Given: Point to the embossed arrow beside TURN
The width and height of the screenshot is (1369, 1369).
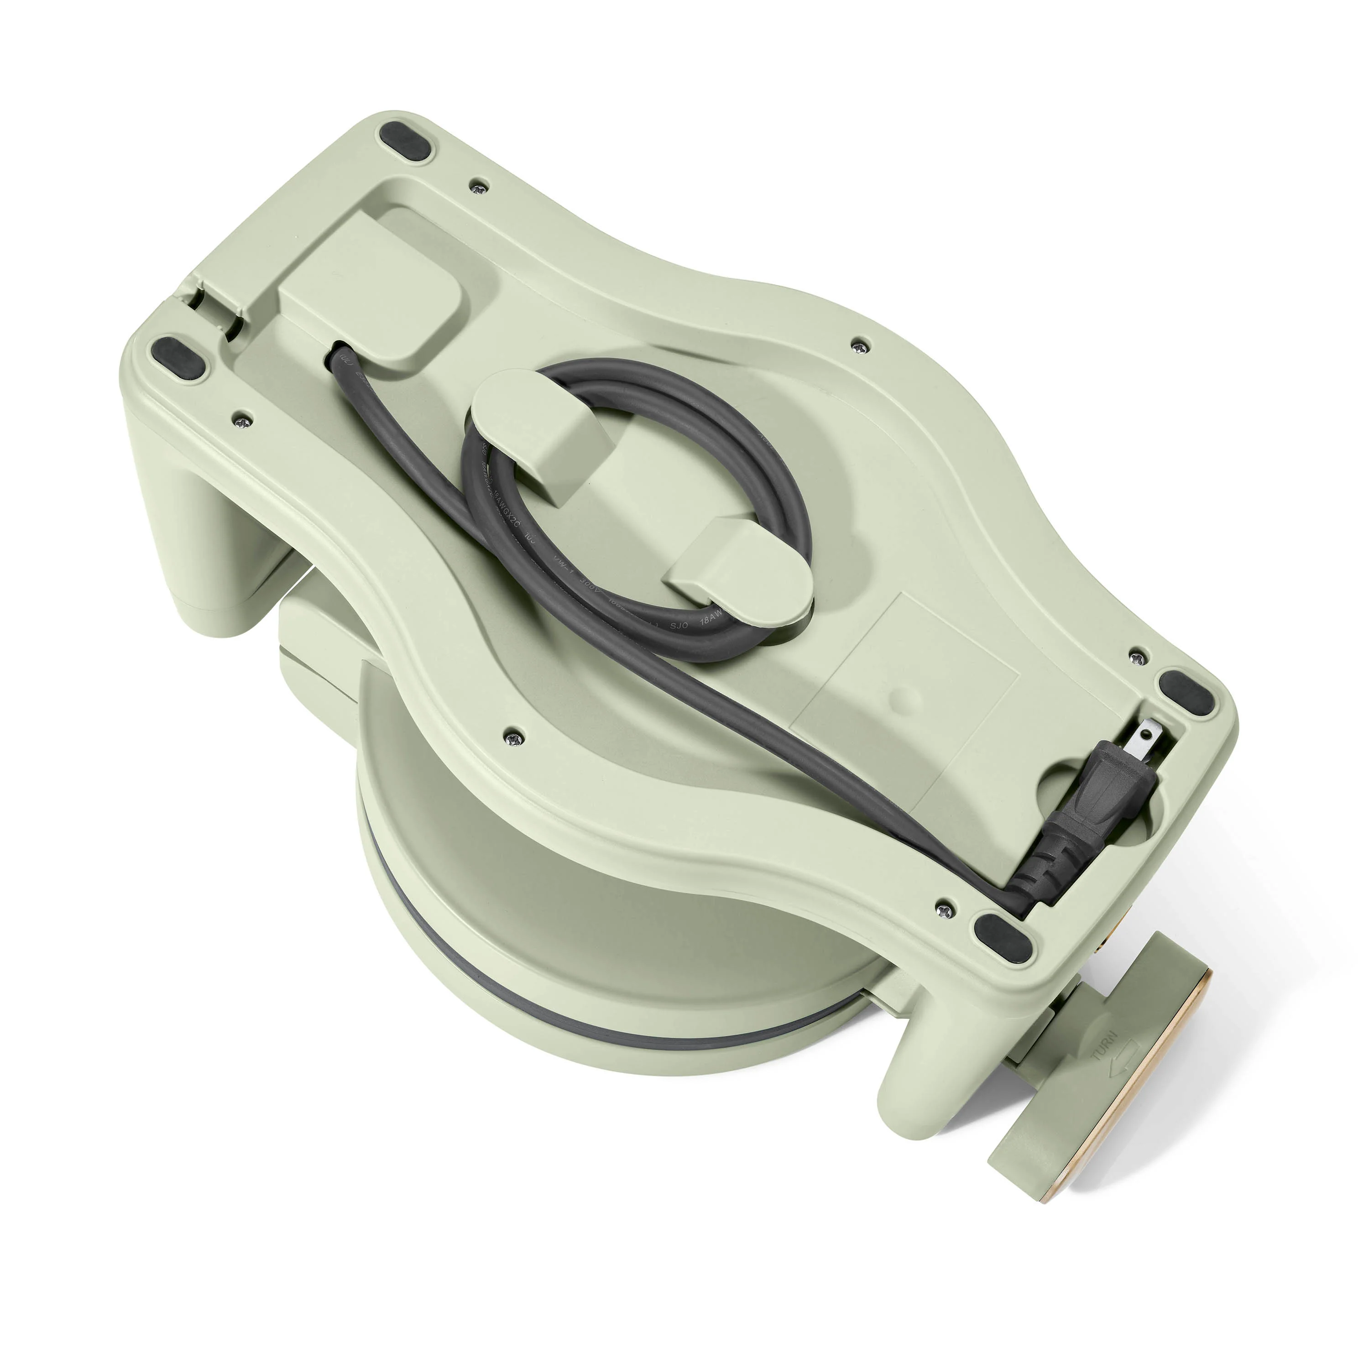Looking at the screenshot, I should click(1125, 1077).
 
